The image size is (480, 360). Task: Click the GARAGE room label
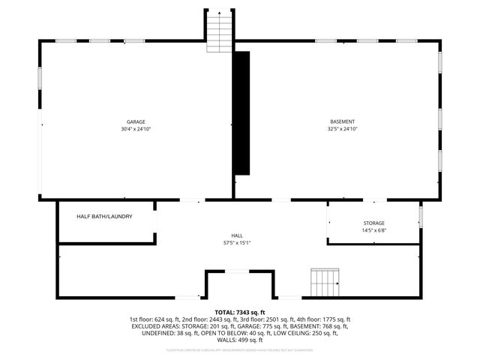click(136, 121)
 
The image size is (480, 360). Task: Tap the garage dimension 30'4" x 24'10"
click(136, 129)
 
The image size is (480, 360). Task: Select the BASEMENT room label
click(343, 121)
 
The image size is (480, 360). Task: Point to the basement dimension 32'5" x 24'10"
click(343, 129)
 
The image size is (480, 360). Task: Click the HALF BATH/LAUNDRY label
click(105, 217)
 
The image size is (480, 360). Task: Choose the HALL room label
click(237, 235)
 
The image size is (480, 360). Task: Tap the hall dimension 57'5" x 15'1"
click(237, 243)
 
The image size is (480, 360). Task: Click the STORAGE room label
click(373, 223)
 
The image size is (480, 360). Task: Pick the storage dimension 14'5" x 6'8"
click(373, 230)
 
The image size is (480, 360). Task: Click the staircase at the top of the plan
click(218, 32)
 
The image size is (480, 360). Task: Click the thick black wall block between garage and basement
click(241, 112)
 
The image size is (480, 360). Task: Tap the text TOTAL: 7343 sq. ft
click(240, 312)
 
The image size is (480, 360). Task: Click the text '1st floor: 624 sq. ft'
click(158, 319)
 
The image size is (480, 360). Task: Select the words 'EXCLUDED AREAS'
click(156, 327)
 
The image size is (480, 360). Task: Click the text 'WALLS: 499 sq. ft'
click(240, 342)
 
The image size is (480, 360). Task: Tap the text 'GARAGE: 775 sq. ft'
click(242, 327)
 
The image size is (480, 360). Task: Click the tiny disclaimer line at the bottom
click(240, 350)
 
